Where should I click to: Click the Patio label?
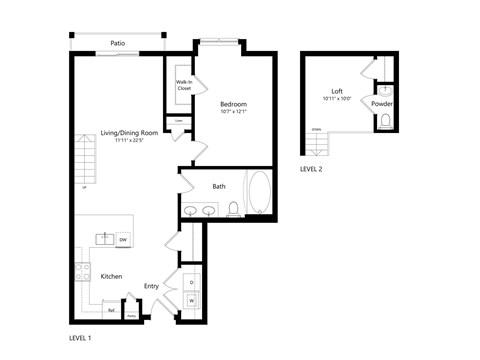pyautogui.click(x=118, y=44)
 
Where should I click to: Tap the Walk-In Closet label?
pyautogui.click(x=184, y=85)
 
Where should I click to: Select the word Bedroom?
pyautogui.click(x=233, y=104)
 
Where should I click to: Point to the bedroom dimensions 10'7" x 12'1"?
pyautogui.click(x=233, y=113)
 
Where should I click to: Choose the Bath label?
pyautogui.click(x=218, y=187)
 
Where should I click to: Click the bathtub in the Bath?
pyautogui.click(x=257, y=194)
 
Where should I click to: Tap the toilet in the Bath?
pyautogui.click(x=233, y=209)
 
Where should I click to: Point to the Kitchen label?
pyautogui.click(x=112, y=275)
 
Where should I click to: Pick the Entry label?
pyautogui.click(x=151, y=286)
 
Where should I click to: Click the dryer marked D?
pyautogui.click(x=191, y=282)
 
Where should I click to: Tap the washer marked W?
pyautogui.click(x=191, y=299)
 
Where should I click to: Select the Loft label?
pyautogui.click(x=337, y=91)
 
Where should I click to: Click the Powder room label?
pyautogui.click(x=381, y=104)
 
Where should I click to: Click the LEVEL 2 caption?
pyautogui.click(x=311, y=169)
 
